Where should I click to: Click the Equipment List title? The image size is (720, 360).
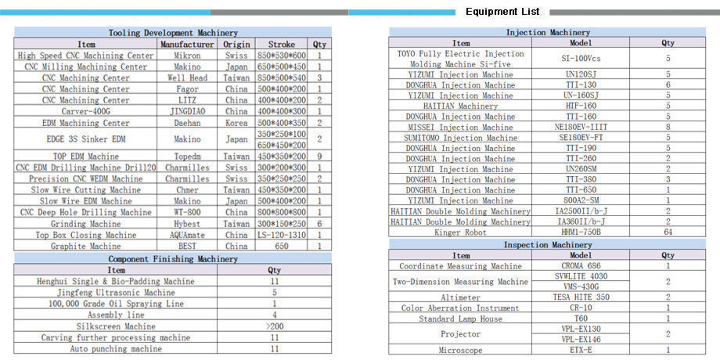click(502, 12)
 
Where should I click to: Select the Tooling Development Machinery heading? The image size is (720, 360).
click(173, 33)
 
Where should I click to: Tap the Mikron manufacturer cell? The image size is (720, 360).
click(187, 56)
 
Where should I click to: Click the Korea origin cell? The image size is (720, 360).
click(236, 123)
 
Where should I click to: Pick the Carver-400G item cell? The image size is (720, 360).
click(86, 112)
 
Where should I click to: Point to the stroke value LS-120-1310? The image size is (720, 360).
click(281, 235)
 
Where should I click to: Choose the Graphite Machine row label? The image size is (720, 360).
click(86, 246)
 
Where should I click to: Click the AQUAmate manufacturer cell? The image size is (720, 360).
click(187, 235)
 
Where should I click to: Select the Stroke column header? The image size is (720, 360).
click(281, 45)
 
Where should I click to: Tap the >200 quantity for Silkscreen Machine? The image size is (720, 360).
click(274, 326)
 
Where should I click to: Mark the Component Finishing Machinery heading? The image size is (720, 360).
click(173, 258)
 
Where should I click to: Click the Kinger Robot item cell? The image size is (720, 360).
click(461, 232)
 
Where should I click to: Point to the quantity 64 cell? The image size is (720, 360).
click(668, 232)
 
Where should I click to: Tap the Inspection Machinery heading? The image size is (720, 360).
click(548, 245)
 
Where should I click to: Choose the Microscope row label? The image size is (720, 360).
click(461, 351)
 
